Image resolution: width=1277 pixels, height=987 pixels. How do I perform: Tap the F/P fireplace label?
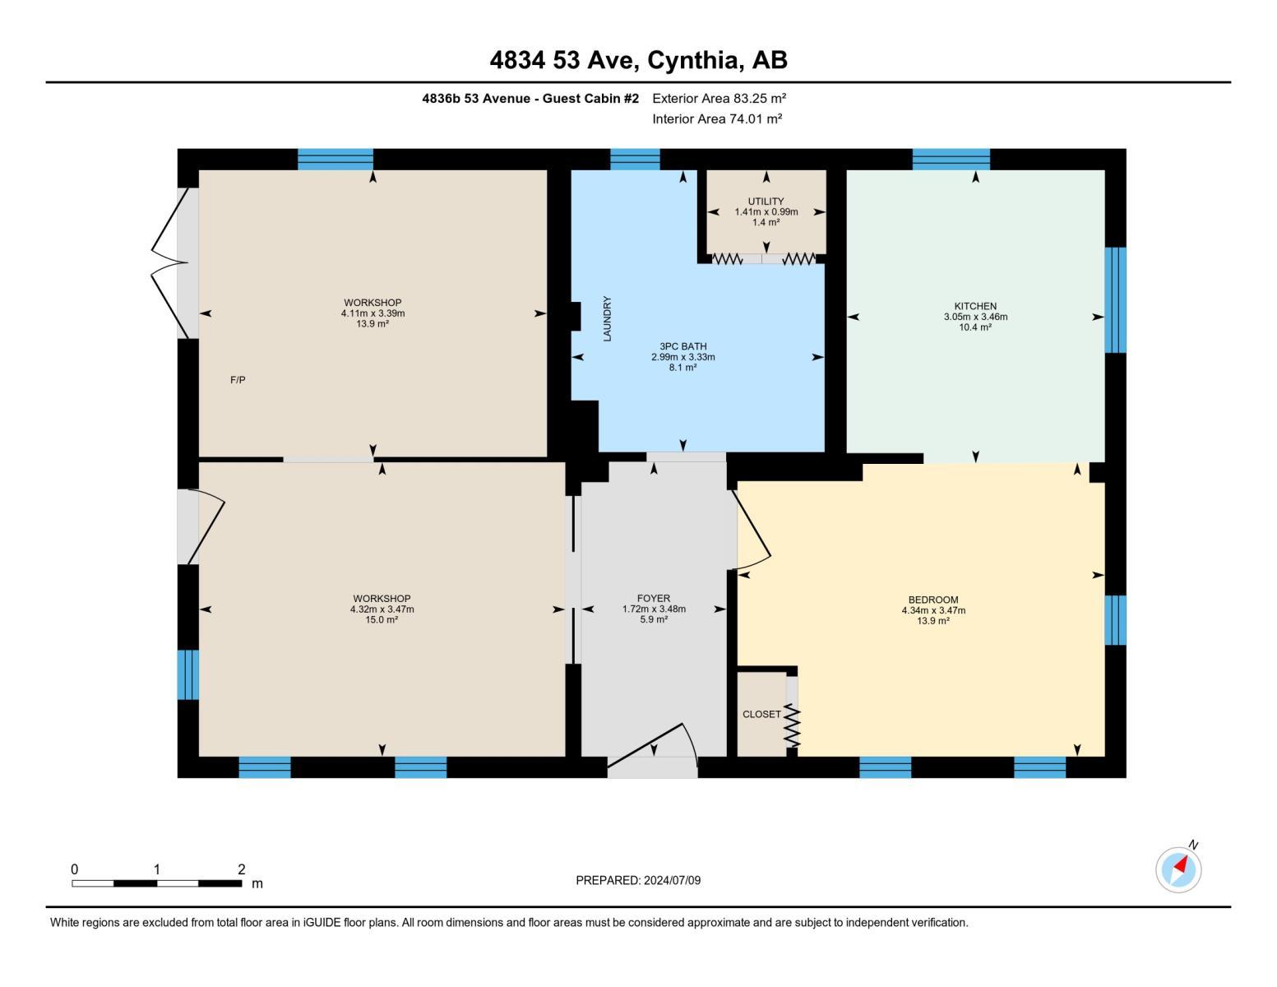point(238,380)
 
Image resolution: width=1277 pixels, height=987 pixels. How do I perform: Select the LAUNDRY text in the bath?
point(608,319)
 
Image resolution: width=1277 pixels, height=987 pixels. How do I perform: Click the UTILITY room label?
point(766,202)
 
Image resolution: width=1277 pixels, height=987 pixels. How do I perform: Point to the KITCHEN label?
point(975,306)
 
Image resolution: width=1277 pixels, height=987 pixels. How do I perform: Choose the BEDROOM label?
point(933,600)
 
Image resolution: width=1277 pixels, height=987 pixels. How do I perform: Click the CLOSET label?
point(761,714)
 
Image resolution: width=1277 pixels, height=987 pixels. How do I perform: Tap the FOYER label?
point(654,598)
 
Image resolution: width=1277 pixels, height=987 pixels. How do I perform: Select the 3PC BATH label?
point(682,346)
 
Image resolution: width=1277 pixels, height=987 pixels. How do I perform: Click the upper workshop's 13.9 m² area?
point(372,324)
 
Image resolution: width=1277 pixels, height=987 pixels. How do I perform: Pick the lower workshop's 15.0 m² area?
point(382,620)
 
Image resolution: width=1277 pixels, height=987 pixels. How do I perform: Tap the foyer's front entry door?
point(654,748)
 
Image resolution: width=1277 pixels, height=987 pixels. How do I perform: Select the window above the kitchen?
point(951,159)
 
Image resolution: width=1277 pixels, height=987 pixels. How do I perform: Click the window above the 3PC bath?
point(635,159)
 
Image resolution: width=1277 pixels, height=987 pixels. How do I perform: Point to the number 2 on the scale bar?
point(241,869)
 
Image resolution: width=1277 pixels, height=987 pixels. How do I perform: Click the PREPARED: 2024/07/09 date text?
point(638,880)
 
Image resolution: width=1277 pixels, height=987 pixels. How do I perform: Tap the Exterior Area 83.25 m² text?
point(719,98)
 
